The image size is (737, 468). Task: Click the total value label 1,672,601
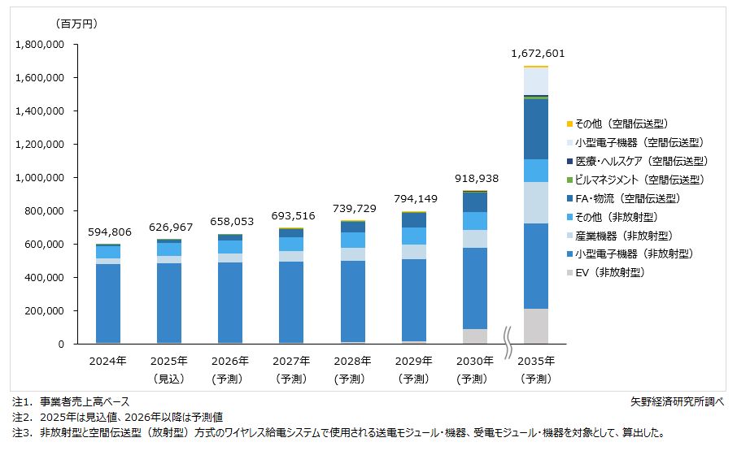(x=537, y=54)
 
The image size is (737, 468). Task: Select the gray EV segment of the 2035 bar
(x=536, y=326)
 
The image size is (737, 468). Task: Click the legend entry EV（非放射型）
(x=608, y=273)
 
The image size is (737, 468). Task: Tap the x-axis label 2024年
(x=108, y=361)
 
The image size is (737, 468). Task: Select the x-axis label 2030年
(x=475, y=361)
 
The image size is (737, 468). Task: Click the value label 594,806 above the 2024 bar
(x=108, y=232)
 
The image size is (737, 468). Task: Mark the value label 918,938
(x=475, y=179)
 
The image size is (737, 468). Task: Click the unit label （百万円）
(x=76, y=24)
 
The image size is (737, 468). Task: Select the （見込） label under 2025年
(x=169, y=378)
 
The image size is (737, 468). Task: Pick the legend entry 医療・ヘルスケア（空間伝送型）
(x=640, y=161)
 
